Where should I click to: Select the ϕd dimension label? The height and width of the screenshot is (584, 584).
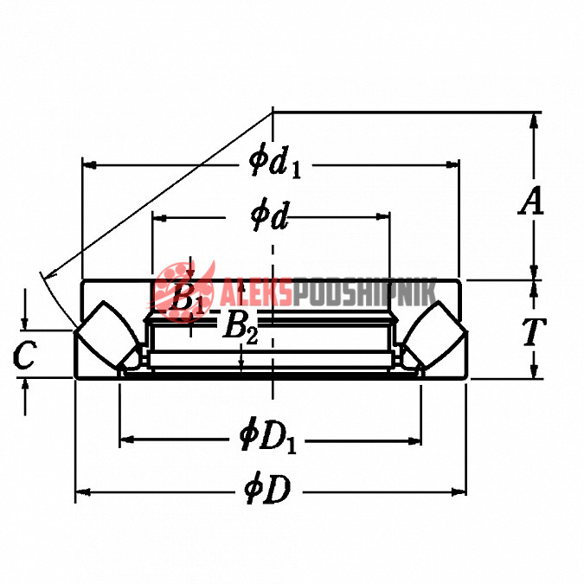[270, 217]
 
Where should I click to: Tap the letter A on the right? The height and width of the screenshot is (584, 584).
[532, 201]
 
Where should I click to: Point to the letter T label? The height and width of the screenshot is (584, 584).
[533, 331]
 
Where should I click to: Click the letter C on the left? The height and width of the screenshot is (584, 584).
[24, 355]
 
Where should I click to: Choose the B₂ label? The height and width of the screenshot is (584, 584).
[241, 327]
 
